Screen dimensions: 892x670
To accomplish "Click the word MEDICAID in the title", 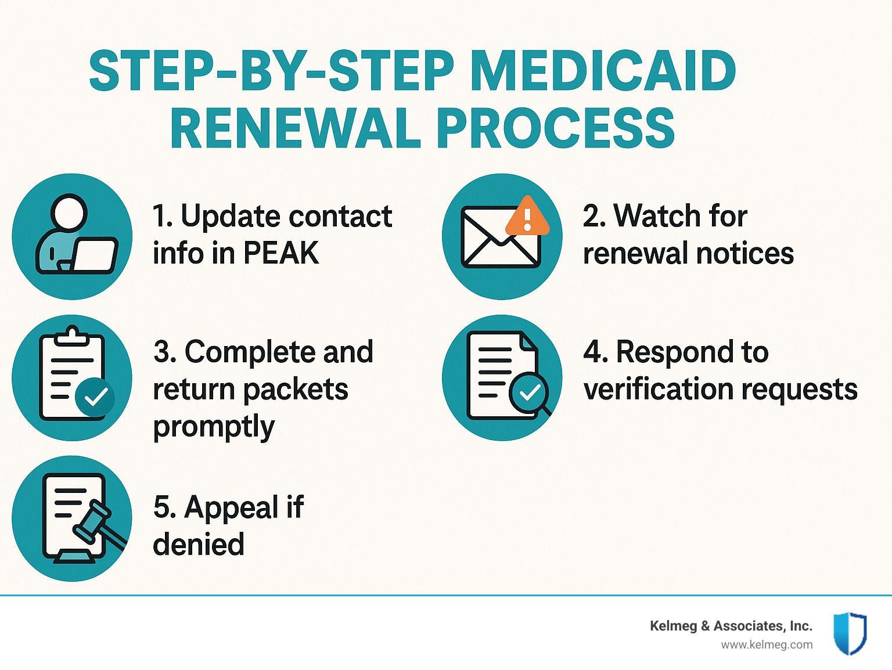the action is pyautogui.click(x=603, y=71).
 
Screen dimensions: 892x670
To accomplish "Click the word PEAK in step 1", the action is pyautogui.click(x=281, y=253).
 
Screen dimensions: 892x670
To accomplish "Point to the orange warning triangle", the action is pyautogui.click(x=527, y=216).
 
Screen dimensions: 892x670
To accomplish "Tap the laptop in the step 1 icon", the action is pyautogui.click(x=93, y=255).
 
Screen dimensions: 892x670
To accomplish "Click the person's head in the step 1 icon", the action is pyautogui.click(x=69, y=213).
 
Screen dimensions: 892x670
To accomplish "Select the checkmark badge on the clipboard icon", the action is pyautogui.click(x=95, y=397).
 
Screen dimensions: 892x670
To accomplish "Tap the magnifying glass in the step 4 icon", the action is pyautogui.click(x=530, y=394).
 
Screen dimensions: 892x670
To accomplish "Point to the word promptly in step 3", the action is pyautogui.click(x=214, y=427).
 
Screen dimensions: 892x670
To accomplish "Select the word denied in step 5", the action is pyautogui.click(x=199, y=544).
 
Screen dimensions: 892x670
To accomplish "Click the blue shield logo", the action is pyautogui.click(x=850, y=633).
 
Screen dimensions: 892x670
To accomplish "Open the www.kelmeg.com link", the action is pyautogui.click(x=767, y=645).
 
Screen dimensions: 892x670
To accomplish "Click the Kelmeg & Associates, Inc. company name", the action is pyautogui.click(x=731, y=626).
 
